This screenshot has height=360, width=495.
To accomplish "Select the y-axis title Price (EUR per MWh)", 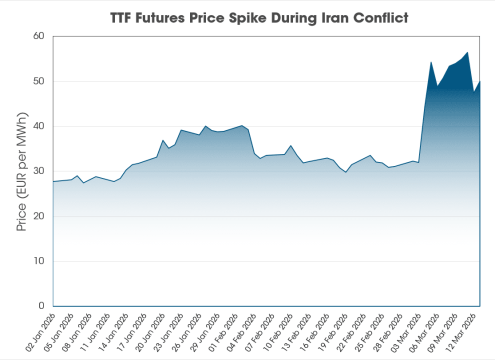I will [x=21, y=170].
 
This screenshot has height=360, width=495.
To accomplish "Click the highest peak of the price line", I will [x=468, y=52].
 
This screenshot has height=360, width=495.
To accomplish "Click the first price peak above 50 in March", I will [x=431, y=62].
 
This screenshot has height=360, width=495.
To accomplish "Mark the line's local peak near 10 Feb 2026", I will [x=291, y=145].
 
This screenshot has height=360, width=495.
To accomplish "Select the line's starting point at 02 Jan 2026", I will [x=53, y=182].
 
